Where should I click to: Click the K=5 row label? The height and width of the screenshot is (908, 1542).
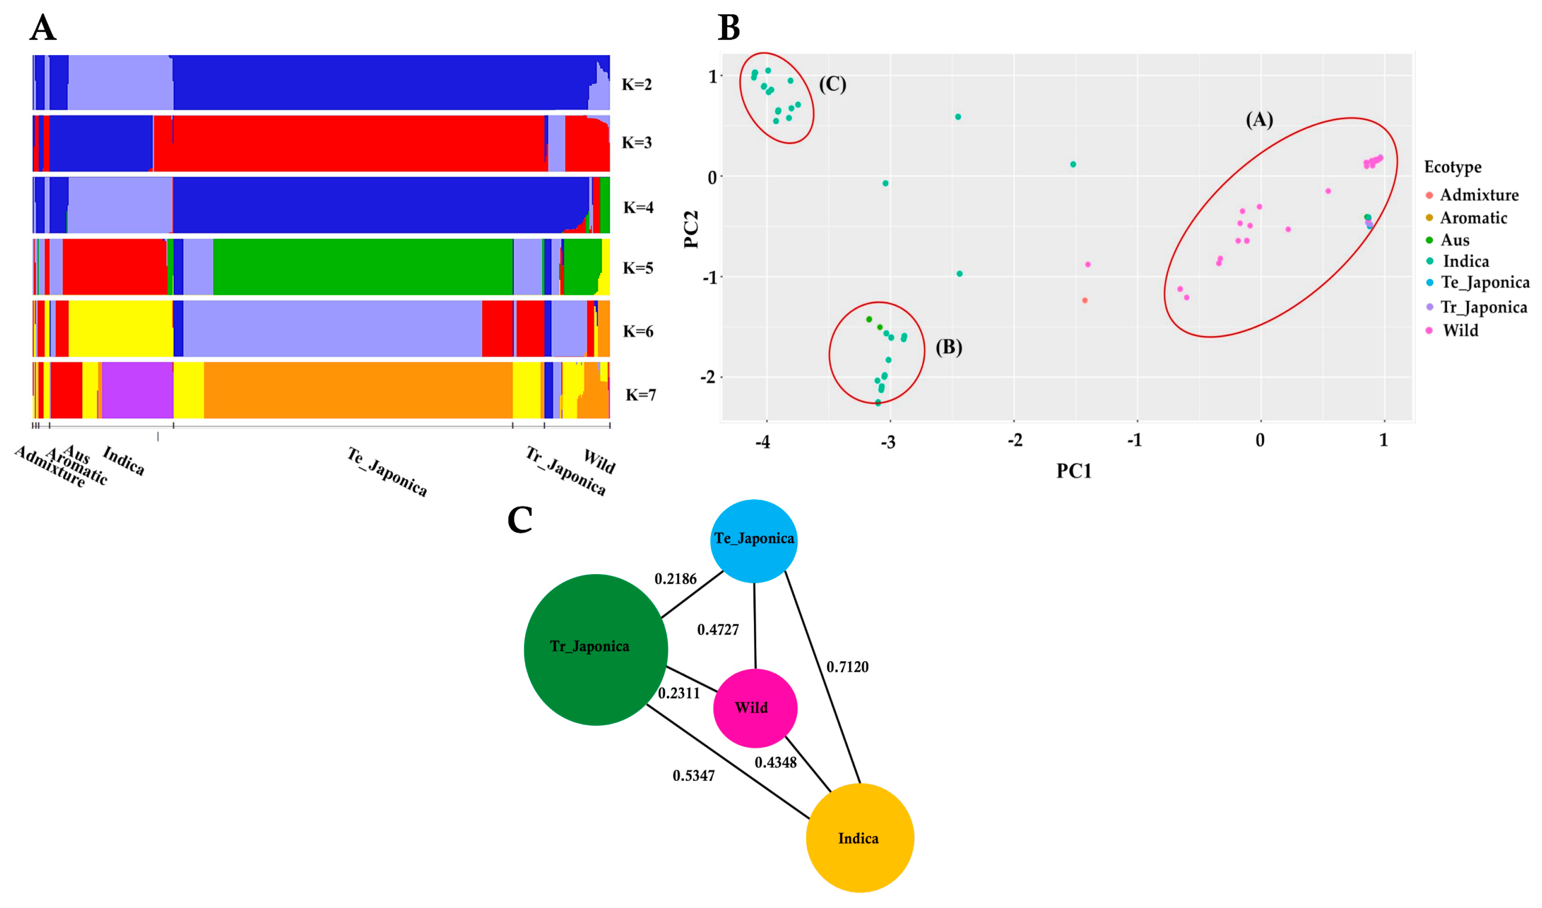[x=637, y=268]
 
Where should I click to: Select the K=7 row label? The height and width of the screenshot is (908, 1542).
[x=640, y=395]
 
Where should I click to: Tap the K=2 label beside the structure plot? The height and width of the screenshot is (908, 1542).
[x=637, y=85]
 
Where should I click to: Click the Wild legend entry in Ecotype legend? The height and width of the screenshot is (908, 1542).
[x=1460, y=331]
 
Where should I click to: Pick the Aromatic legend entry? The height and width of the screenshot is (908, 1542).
[x=1473, y=218]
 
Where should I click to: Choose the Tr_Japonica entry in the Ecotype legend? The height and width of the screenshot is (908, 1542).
[x=1483, y=307]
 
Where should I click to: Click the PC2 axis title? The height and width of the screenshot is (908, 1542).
[x=691, y=230]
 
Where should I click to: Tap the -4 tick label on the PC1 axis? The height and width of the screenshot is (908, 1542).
[x=762, y=442]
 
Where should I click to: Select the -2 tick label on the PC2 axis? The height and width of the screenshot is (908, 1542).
[x=708, y=377]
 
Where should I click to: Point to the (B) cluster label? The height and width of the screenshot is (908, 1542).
[x=948, y=347]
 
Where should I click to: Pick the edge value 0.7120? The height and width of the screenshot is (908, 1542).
[x=847, y=667]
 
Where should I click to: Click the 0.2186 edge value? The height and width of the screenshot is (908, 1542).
[x=675, y=579]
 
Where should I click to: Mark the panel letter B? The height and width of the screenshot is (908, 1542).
[x=728, y=28]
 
